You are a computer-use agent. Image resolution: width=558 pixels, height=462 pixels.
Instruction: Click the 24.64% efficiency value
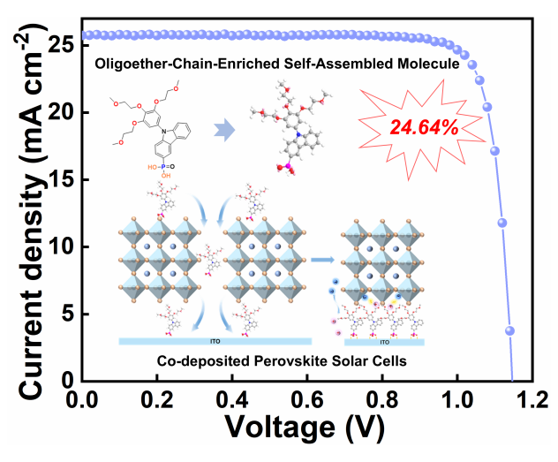click(x=424, y=126)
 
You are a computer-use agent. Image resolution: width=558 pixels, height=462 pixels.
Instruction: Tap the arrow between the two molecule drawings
click(x=229, y=132)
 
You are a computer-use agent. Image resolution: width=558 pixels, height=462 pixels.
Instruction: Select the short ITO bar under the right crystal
click(x=386, y=341)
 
